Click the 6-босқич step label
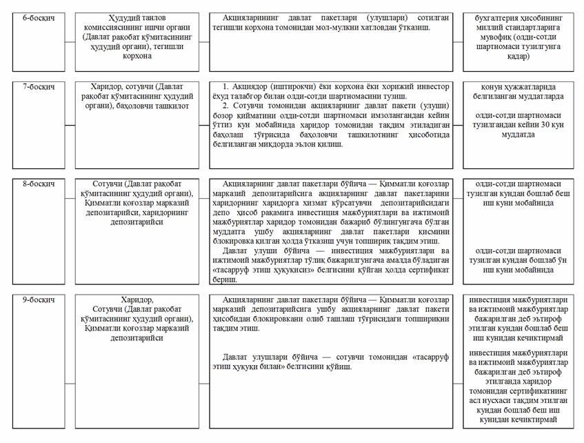point(32,15)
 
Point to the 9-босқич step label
point(32,299)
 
